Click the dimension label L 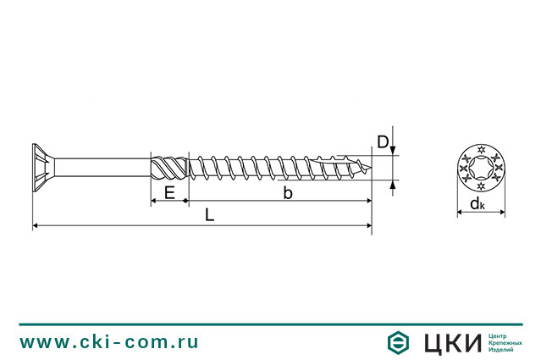pos(209,216)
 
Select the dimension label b pos(288,194)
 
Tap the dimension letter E pos(169,193)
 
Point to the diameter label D pos(383,142)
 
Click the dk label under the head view pos(478,204)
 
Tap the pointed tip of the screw pos(369,168)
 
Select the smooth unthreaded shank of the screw pos(102,167)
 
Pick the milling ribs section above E pos(169,167)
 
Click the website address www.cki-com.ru pos(109,342)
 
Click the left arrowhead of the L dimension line pos(36,225)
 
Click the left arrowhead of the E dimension pos(154,202)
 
